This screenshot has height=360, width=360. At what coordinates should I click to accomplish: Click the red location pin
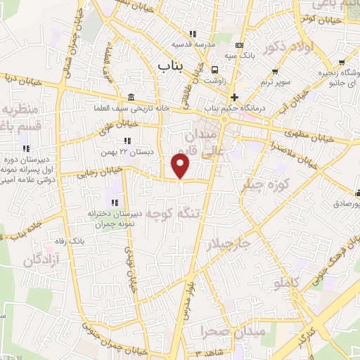pyautogui.click(x=181, y=165)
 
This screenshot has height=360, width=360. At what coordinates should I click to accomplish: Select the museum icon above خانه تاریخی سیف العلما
pyautogui.click(x=132, y=97)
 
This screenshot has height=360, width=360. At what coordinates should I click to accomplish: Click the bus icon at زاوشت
pyautogui.click(x=214, y=69)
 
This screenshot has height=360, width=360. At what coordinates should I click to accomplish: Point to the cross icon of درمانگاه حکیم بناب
pyautogui.click(x=234, y=97)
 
